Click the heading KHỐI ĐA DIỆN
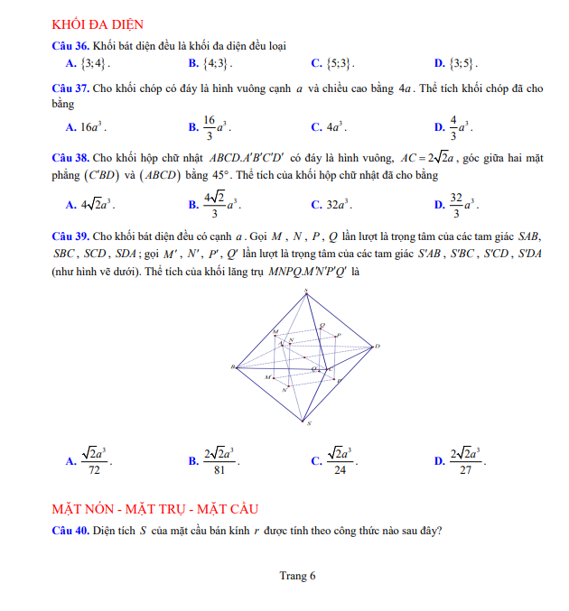tap(98, 24)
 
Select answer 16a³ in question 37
tap(93, 127)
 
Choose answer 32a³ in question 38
tap(339, 205)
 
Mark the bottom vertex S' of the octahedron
tap(309, 422)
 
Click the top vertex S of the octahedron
tap(306, 291)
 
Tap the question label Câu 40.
tap(70, 531)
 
